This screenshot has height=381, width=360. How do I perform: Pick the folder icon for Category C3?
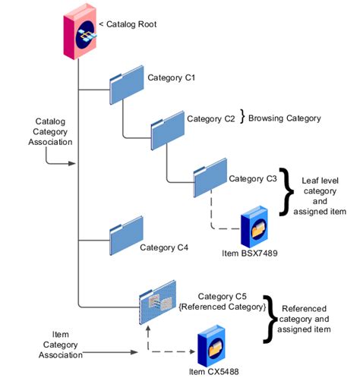tap(210, 176)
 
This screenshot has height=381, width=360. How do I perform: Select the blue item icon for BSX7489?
tap(256, 233)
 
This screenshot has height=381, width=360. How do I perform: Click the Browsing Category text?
tap(285, 118)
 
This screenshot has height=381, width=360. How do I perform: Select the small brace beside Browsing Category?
tap(243, 118)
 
